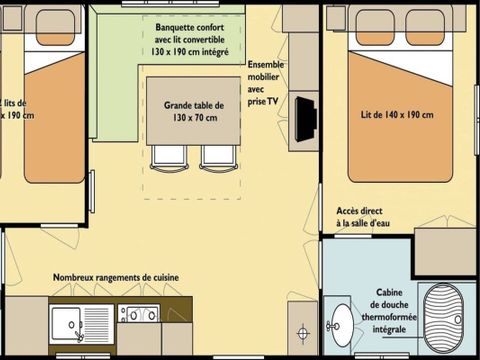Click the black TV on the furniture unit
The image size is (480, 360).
(x=308, y=117)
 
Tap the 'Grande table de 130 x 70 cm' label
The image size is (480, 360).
(x=194, y=110)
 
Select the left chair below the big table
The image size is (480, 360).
(x=167, y=155)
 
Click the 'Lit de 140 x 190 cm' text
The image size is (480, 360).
(x=397, y=114)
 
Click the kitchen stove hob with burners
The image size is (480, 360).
(x=139, y=315)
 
